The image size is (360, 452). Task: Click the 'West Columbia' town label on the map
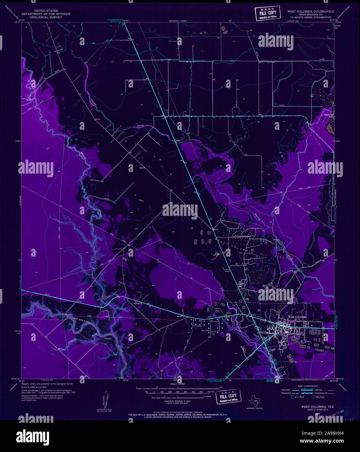pos(297,317)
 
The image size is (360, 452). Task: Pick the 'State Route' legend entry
pos(319,397)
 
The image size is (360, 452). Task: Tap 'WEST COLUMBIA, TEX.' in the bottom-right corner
pos(317,406)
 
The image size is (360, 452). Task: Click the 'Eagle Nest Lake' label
pos(328,116)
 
